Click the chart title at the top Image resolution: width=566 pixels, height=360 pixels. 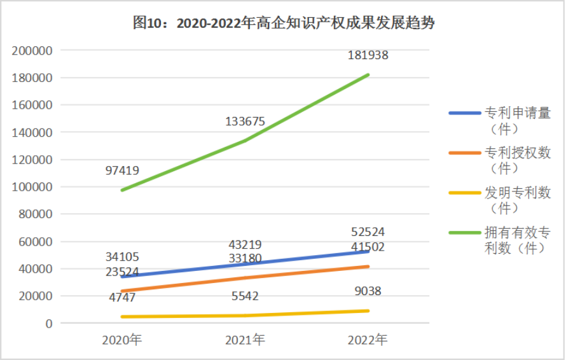click(283, 24)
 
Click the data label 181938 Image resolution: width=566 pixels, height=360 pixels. click(368, 55)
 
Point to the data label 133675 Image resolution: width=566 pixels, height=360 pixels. click(245, 121)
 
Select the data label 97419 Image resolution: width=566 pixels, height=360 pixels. click(122, 170)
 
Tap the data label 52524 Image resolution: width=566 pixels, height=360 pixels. click(368, 232)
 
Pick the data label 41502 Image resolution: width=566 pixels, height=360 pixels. click(368, 247)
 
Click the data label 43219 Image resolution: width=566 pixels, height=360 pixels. click(245, 244)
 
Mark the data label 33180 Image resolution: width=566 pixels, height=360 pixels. click(245, 258)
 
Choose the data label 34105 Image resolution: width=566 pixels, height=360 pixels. click(122, 257)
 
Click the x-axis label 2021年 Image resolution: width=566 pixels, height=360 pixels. click(245, 340)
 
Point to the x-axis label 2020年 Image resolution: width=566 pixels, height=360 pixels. click(122, 340)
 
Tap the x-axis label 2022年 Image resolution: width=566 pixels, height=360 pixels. click(368, 340)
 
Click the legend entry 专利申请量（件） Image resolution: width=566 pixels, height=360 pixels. click(518, 120)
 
